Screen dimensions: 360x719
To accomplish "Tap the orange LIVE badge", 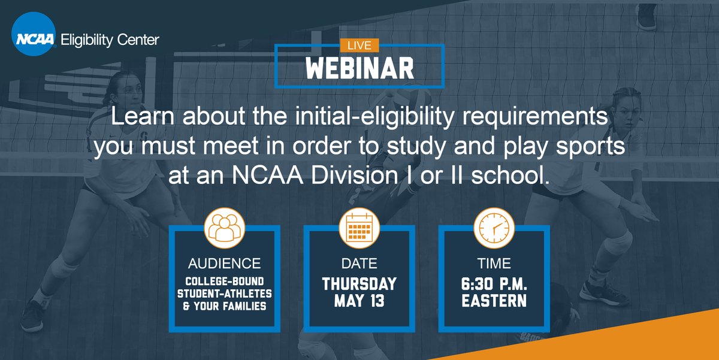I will (359, 45).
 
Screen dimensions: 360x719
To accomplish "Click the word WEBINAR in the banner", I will (359, 66).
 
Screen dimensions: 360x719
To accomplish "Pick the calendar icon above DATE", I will (359, 227).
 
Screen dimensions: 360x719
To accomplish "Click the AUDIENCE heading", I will (224, 264).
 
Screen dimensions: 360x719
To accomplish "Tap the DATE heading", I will (359, 264).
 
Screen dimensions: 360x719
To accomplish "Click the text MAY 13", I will (359, 301).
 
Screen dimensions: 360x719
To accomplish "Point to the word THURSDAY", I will (359, 283).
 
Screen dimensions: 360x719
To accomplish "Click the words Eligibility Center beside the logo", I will (110, 40).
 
